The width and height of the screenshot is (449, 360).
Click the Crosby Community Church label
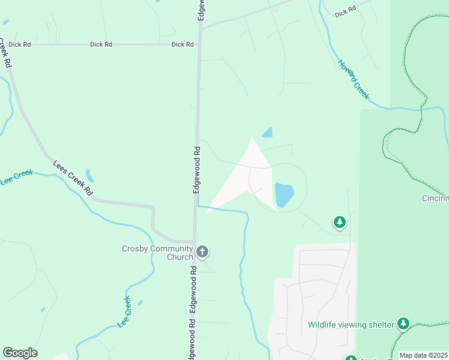click(157, 253)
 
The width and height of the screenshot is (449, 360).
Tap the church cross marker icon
click(202, 252)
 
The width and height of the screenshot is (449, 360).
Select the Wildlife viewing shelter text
click(351, 325)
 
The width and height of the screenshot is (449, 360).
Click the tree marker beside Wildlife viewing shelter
click(403, 324)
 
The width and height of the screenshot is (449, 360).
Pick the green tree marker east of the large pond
click(340, 223)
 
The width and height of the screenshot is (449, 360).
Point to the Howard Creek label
click(353, 79)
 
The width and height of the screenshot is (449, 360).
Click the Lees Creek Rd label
click(73, 178)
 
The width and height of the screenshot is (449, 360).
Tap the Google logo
click(20, 353)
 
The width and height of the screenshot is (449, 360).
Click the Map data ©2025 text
click(423, 355)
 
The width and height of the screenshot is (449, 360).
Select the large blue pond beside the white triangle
click(284, 194)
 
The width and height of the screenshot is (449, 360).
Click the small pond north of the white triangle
click(267, 132)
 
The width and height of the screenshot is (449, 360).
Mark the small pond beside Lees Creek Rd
click(89, 175)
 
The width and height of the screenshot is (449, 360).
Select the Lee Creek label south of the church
click(124, 312)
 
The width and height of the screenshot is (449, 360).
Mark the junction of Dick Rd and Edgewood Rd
click(199, 44)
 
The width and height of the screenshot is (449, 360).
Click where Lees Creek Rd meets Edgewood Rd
click(194, 241)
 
